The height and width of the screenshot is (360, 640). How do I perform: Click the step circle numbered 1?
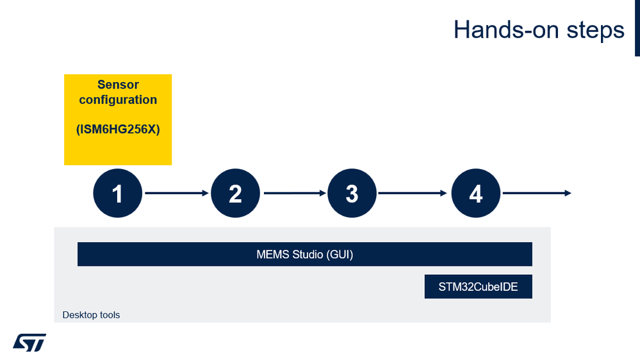pyautogui.click(x=118, y=193)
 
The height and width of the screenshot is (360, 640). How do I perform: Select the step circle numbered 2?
pyautogui.click(x=235, y=193)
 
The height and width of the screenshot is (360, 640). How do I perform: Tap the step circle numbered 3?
pyautogui.click(x=352, y=193)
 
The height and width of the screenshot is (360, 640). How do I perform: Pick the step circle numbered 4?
pyautogui.click(x=476, y=193)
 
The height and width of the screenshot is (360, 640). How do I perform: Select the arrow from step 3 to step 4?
pyautogui.click(x=413, y=193)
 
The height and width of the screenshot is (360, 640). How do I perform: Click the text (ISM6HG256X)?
pyautogui.click(x=118, y=129)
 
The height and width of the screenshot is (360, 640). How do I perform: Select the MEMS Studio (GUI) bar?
pyautogui.click(x=305, y=254)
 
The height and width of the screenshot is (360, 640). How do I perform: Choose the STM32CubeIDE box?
pyautogui.click(x=478, y=287)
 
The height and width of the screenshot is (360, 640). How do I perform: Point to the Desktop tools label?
pyautogui.click(x=91, y=315)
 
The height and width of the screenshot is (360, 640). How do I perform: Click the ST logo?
pyautogui.click(x=29, y=342)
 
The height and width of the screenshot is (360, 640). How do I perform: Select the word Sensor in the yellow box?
pyautogui.click(x=118, y=85)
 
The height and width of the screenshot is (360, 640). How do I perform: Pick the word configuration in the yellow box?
pyautogui.click(x=118, y=100)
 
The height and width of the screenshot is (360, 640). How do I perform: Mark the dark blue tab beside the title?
pyautogui.click(x=637, y=28)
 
